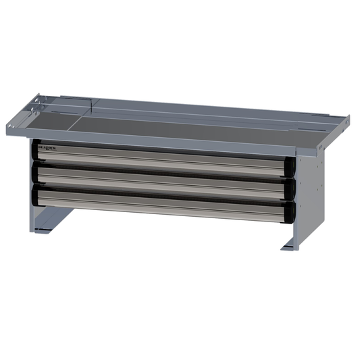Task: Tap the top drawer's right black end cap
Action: pyautogui.click(x=289, y=168)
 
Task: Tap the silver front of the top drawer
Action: pyautogui.click(x=162, y=159)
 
